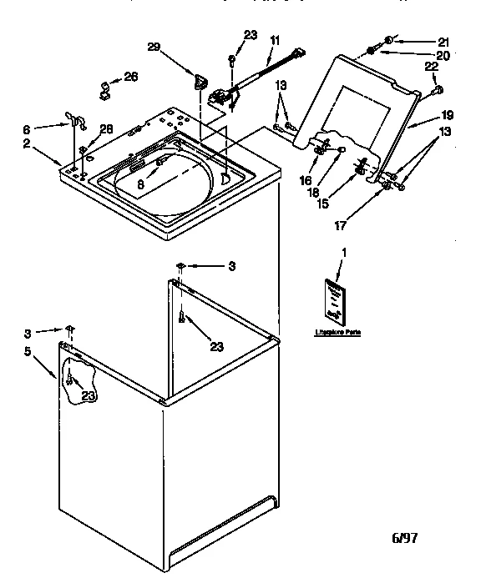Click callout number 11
pyautogui.click(x=275, y=39)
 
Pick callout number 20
pyautogui.click(x=442, y=55)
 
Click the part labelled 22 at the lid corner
pyautogui.click(x=437, y=89)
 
